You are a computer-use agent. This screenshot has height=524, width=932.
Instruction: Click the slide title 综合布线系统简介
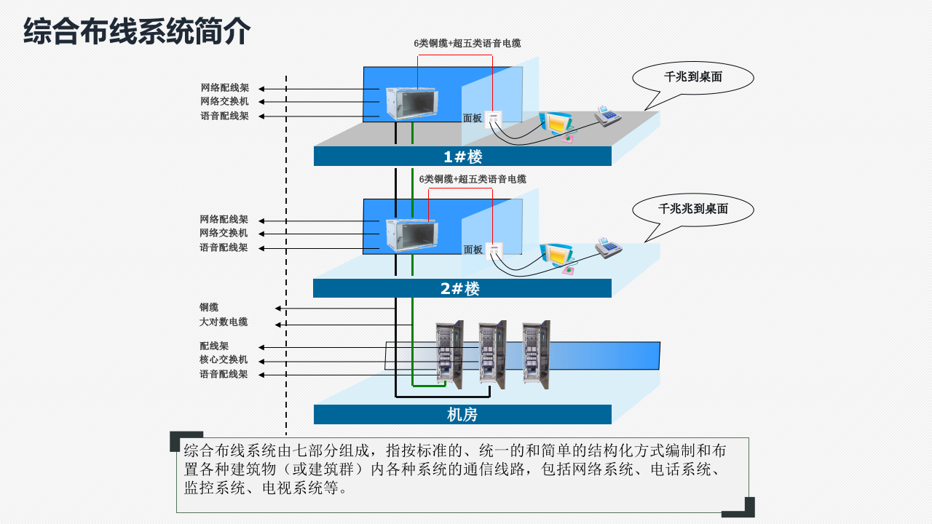click(137, 31)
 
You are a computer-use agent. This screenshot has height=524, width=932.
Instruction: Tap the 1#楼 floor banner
click(462, 156)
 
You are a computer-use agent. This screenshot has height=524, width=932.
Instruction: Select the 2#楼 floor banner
click(462, 288)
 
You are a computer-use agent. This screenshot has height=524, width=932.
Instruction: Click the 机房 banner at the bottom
click(462, 415)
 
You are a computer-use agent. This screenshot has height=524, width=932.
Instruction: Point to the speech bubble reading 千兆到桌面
click(692, 77)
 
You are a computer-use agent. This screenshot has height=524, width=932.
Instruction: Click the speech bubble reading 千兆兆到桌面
click(692, 209)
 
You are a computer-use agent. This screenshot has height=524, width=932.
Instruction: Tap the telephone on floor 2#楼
click(608, 247)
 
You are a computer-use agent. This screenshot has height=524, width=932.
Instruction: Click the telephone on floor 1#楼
click(607, 116)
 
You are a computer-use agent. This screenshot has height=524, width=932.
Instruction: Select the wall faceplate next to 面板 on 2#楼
click(494, 249)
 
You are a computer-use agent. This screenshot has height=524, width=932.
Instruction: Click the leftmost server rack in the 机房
click(449, 354)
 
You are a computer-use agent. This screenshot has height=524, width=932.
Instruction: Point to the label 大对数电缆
click(224, 322)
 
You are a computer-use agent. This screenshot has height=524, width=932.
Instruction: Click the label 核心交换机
click(224, 360)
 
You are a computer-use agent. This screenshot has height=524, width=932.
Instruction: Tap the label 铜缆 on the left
click(209, 307)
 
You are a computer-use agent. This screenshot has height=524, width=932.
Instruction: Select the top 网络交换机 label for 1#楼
click(224, 101)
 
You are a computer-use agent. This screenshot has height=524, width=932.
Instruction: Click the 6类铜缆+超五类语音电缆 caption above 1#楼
click(467, 44)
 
